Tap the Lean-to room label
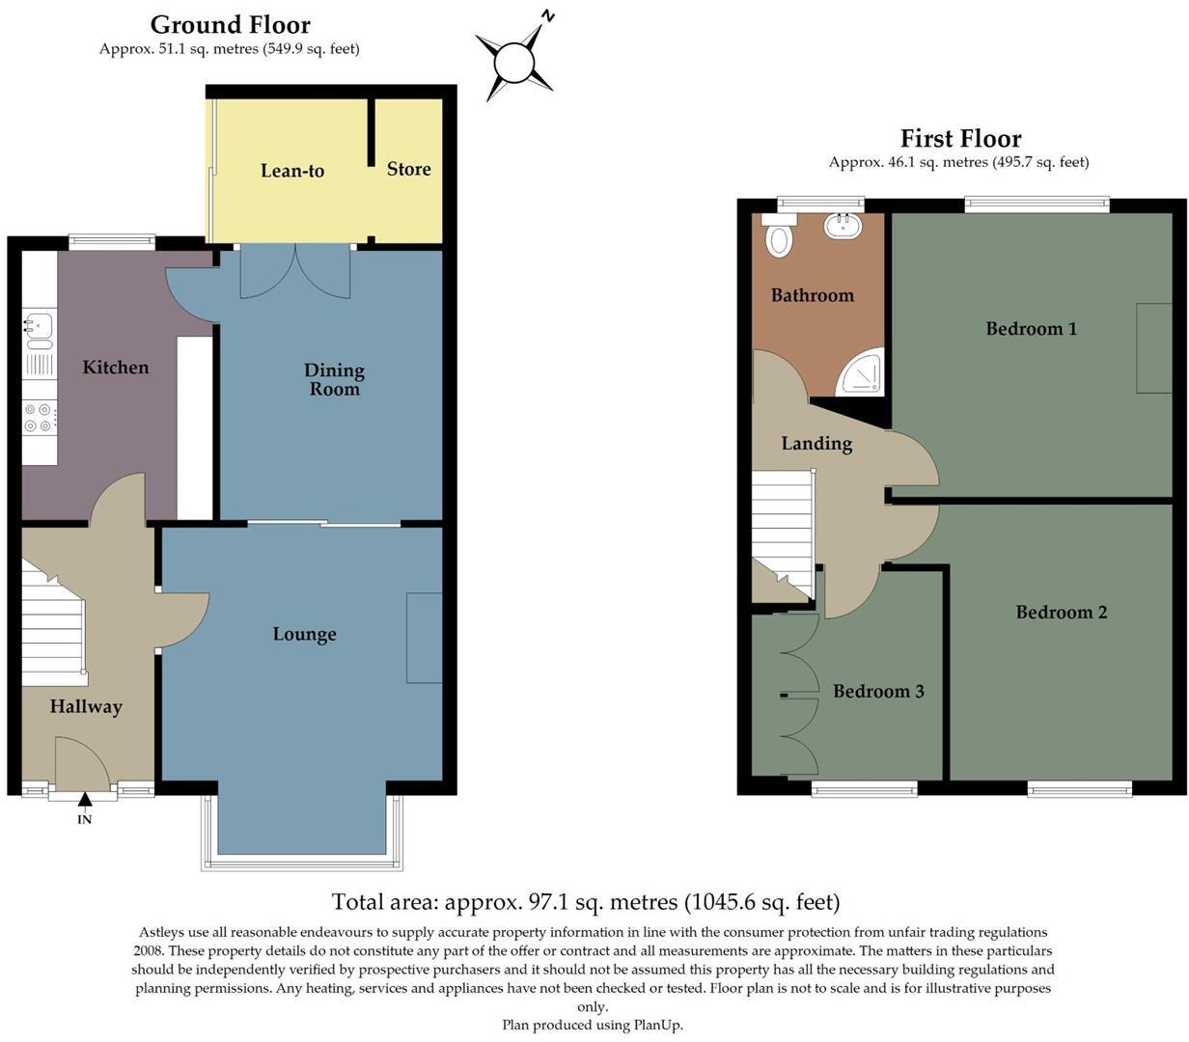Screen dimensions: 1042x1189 (x=292, y=171)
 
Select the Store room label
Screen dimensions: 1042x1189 (x=408, y=169)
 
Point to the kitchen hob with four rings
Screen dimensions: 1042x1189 (x=40, y=418)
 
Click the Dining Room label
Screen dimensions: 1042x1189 (x=334, y=379)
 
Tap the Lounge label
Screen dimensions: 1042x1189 (x=304, y=634)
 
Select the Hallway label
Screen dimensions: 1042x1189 (x=86, y=706)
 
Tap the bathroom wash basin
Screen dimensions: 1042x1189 (x=843, y=227)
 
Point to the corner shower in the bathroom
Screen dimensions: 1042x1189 (x=862, y=373)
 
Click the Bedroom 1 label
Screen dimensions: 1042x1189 (x=1031, y=329)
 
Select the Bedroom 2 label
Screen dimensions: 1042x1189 (x=1061, y=613)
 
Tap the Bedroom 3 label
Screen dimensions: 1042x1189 (x=878, y=691)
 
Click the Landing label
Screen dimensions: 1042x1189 (x=816, y=444)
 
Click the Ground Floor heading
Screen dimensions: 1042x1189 (x=231, y=24)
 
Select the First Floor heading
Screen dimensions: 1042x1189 (x=960, y=138)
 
